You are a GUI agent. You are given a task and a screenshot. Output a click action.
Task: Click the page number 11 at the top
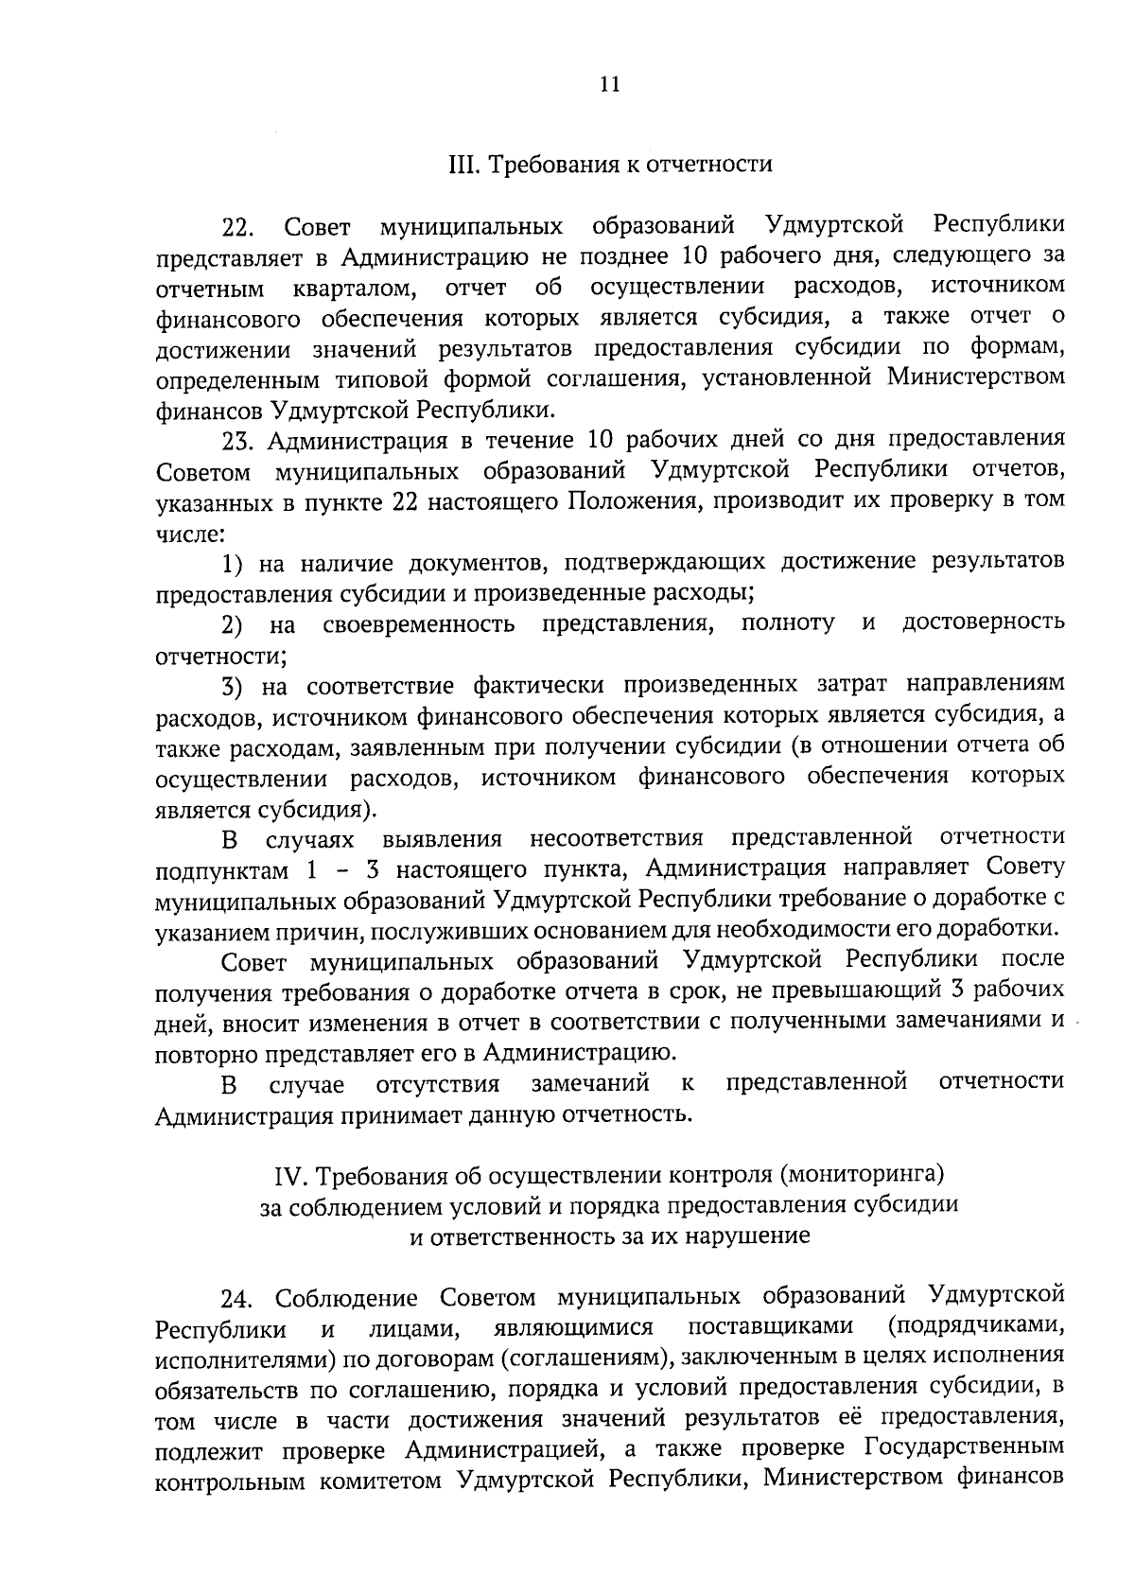[608, 84]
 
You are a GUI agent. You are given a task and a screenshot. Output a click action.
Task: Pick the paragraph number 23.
[237, 441]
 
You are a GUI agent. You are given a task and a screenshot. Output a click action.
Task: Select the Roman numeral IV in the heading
[287, 1176]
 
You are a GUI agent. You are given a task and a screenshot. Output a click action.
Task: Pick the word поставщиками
[770, 1326]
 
